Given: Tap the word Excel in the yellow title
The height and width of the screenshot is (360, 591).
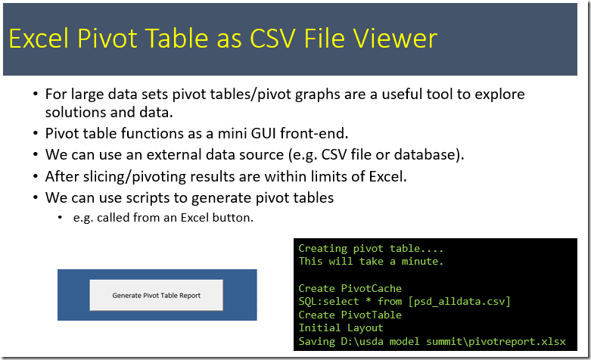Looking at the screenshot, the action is [39, 39].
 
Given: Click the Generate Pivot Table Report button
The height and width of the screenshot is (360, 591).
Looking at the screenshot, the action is [157, 295].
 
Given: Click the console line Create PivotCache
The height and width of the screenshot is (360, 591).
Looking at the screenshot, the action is [350, 288].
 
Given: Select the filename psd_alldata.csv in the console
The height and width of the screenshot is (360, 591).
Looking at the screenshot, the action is [459, 302].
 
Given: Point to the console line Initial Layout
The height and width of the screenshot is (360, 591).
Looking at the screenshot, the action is [341, 328].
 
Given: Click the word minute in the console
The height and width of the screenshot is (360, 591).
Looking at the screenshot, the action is [420, 262].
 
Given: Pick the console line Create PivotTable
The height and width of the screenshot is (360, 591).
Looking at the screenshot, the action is [350, 315].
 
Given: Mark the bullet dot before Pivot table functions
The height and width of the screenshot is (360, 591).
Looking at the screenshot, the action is [36, 133].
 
